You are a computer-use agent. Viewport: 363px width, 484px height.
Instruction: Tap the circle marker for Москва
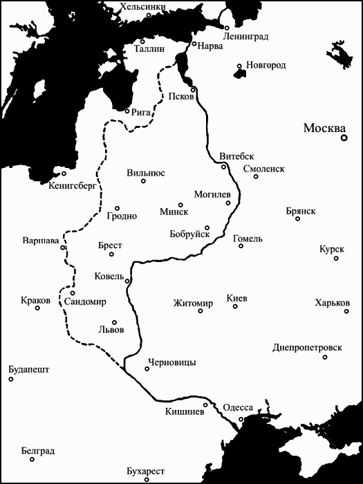pyautogui.click(x=344, y=138)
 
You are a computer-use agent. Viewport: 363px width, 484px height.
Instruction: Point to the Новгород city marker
pyautogui.click(x=239, y=67)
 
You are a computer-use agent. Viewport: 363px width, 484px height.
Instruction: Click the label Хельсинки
pyautogui.click(x=143, y=7)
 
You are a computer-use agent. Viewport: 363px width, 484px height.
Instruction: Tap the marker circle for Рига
pyautogui.click(x=127, y=110)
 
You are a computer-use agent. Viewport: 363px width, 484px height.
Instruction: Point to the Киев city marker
pyautogui.click(x=235, y=306)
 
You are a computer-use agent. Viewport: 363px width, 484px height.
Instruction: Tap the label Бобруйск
pyautogui.click(x=189, y=234)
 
